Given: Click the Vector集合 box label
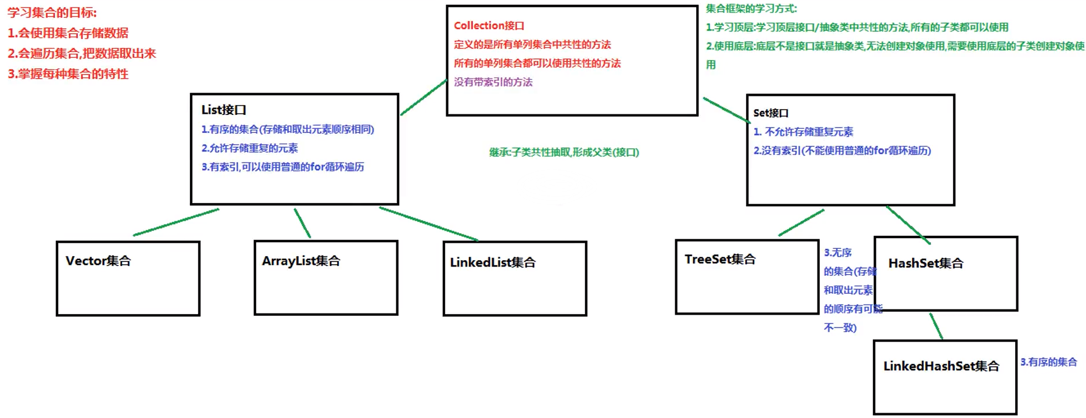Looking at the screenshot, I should tap(98, 261).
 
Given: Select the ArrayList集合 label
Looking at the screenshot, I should tap(301, 261).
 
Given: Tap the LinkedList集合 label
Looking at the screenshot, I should tap(493, 262).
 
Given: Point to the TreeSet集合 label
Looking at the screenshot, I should tap(720, 260).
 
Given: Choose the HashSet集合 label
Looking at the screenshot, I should tap(926, 264).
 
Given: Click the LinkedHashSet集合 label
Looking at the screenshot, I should tap(941, 366).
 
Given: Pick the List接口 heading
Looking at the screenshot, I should tap(224, 110).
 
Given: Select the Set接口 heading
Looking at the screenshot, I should tap(770, 113).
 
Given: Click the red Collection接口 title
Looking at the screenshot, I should tap(489, 26).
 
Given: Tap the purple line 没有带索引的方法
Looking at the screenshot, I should tap(493, 82).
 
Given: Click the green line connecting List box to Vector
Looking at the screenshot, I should tap(176, 222).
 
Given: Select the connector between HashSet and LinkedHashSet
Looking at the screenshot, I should tap(936, 326).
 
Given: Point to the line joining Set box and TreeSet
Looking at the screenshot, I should tap(801, 223).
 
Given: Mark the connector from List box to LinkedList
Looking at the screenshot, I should tap(429, 224).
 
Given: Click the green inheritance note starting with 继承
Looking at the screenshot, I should tap(564, 152).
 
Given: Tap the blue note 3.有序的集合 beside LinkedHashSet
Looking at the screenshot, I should tap(1048, 362).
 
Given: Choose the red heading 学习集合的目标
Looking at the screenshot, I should tap(52, 13).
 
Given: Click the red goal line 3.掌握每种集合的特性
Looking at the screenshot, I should tap(68, 74).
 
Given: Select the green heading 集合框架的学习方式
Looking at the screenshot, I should tap(751, 9).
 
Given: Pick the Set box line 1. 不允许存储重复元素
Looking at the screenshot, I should tap(803, 132).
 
